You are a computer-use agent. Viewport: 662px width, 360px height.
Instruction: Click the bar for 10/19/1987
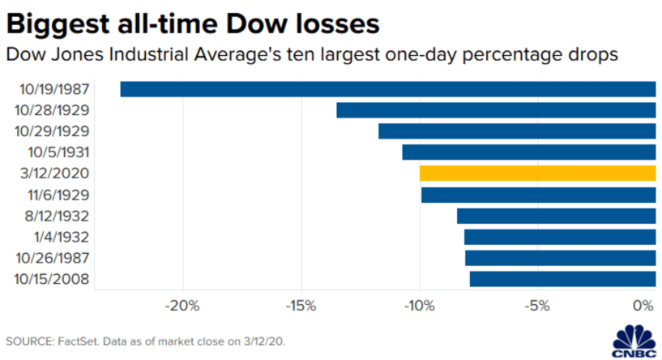(x=387, y=89)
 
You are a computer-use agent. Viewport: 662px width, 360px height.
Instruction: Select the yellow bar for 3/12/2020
(x=537, y=174)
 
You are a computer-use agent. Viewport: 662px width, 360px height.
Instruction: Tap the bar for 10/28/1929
(x=495, y=110)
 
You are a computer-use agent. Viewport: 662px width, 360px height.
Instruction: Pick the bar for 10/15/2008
(x=562, y=279)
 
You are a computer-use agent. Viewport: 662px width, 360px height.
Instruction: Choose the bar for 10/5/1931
(x=528, y=152)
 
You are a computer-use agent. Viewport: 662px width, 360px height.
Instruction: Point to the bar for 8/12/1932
(x=556, y=216)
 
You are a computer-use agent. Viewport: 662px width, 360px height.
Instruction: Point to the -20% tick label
(x=182, y=306)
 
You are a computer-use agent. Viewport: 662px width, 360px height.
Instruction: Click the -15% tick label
(x=301, y=306)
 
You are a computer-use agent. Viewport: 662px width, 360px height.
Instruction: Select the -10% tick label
(x=419, y=306)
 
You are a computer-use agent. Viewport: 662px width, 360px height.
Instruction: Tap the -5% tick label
(x=537, y=306)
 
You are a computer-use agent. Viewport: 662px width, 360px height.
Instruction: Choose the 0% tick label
(x=644, y=306)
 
